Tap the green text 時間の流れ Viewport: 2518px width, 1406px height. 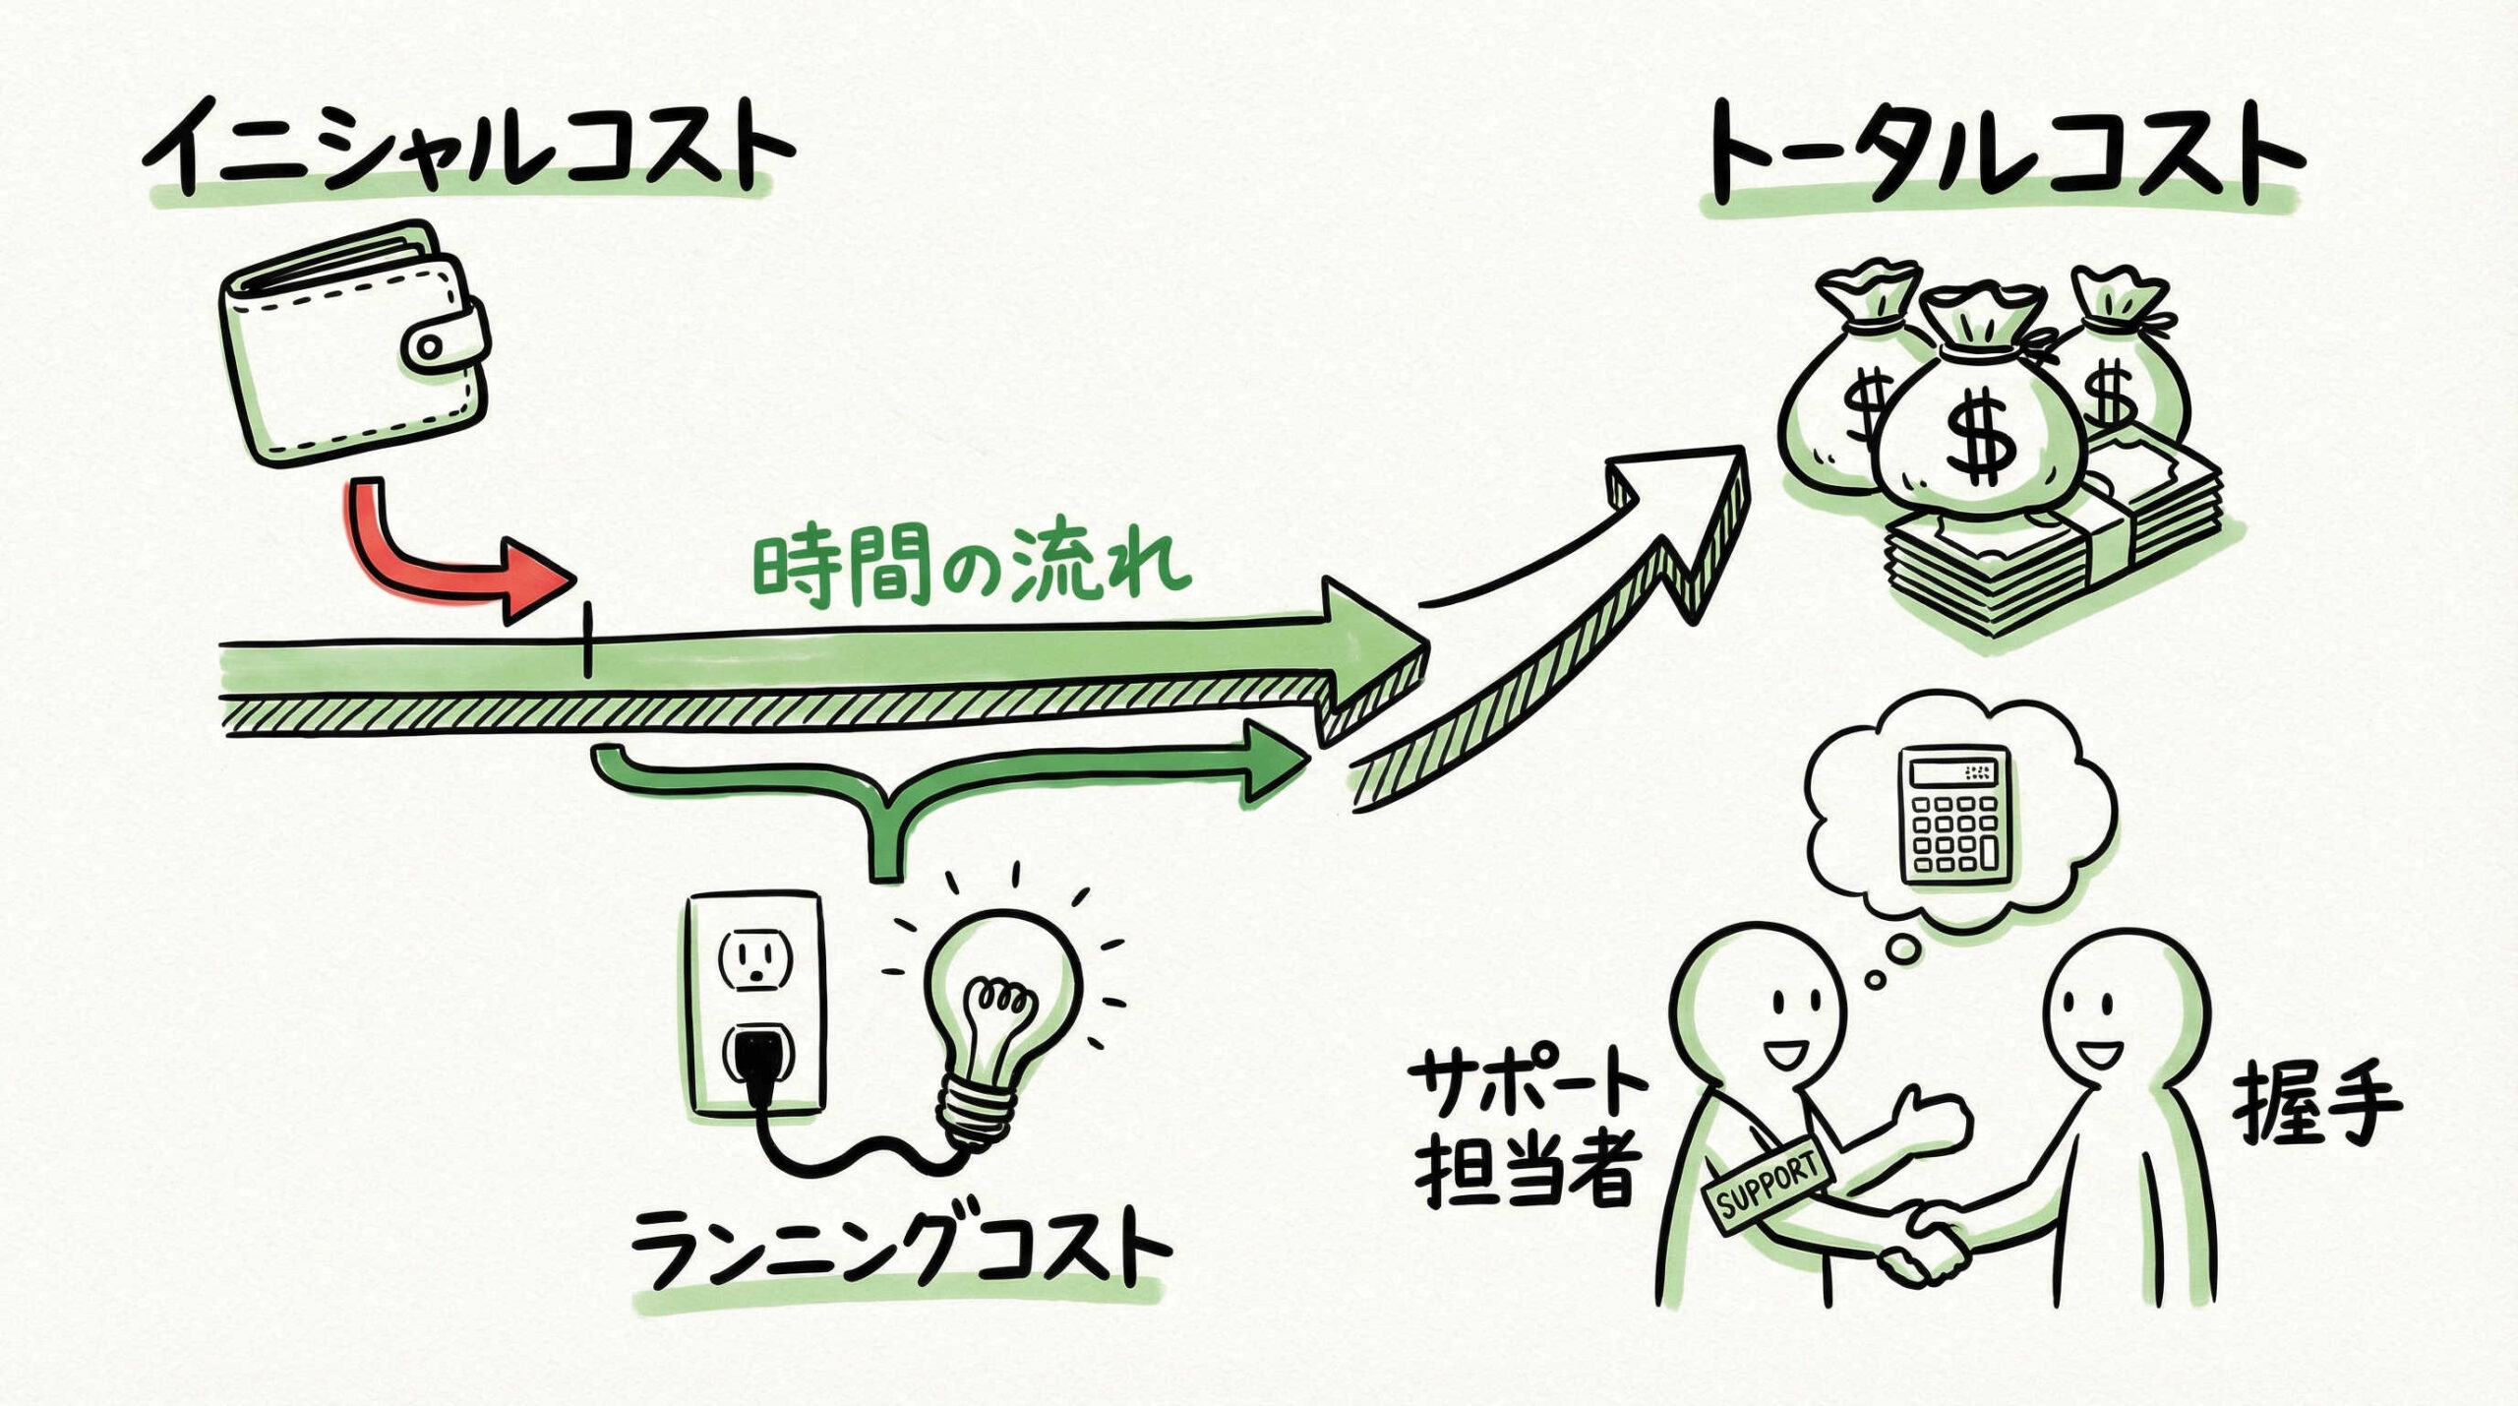(x=969, y=571)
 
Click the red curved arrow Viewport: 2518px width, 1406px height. (x=433, y=561)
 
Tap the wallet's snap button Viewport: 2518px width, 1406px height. (x=430, y=346)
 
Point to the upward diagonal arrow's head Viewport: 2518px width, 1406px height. (x=1682, y=512)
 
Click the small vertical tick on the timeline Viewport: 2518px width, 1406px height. (x=587, y=641)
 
